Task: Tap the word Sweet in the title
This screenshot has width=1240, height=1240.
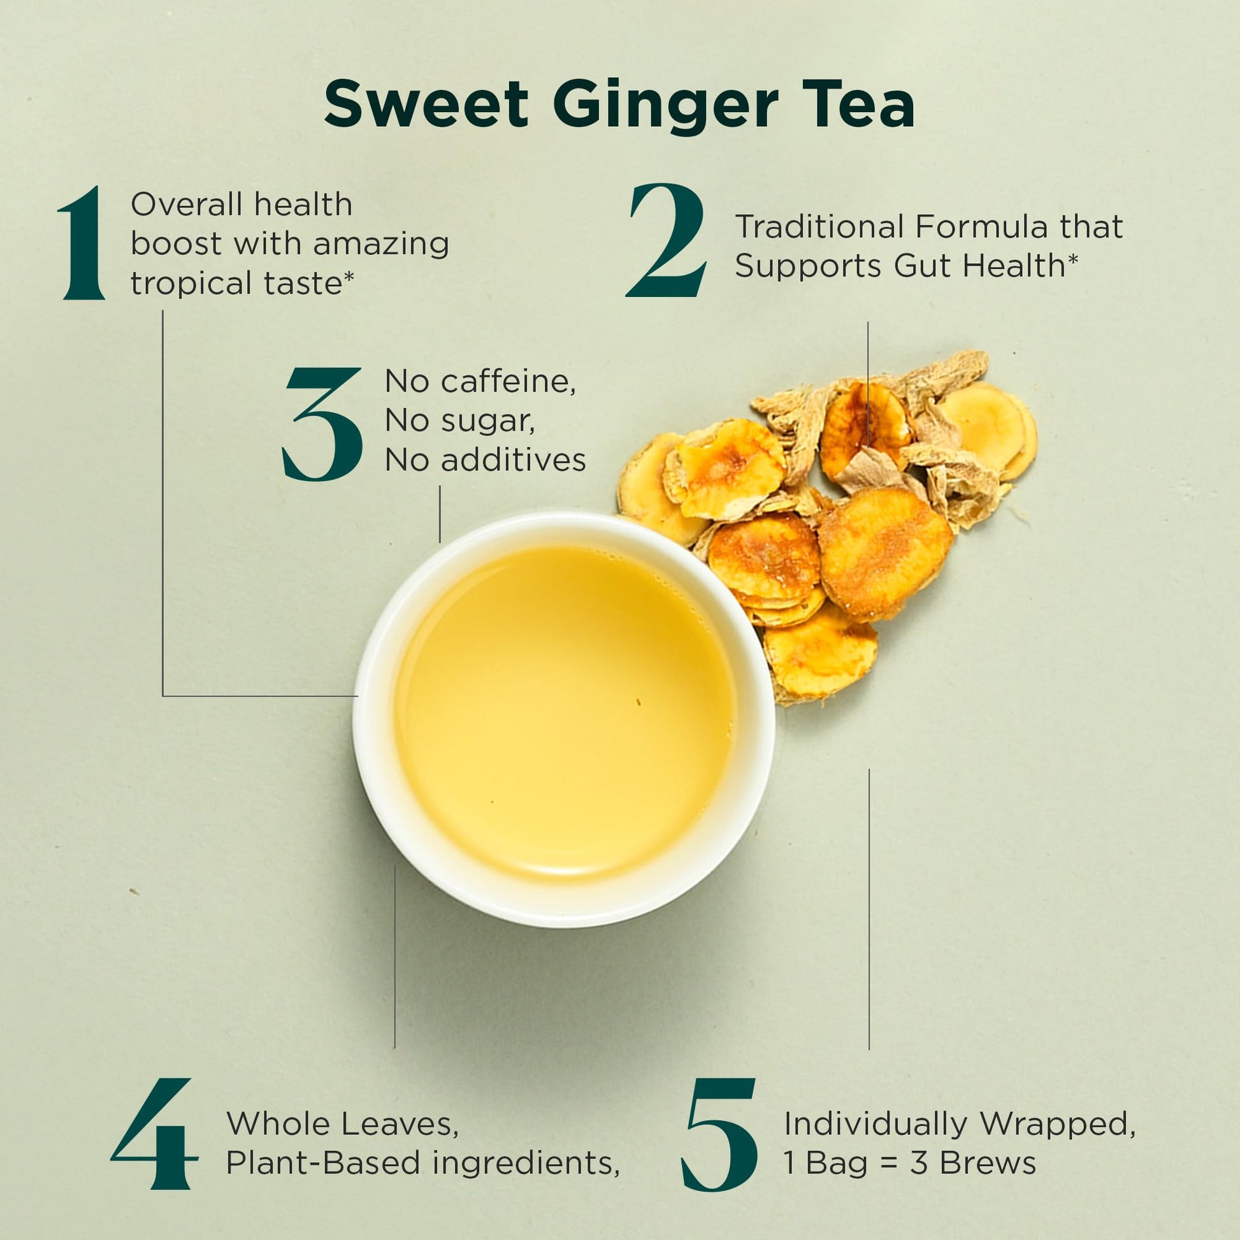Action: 426,104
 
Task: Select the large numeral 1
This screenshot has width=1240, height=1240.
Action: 82,243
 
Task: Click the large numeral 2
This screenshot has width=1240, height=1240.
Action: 667,240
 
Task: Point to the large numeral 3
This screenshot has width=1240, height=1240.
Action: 322,425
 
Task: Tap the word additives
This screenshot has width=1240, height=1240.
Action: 513,460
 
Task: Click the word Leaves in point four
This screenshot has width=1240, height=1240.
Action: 400,1124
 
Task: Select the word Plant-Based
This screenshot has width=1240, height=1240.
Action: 324,1163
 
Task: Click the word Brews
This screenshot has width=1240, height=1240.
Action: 988,1163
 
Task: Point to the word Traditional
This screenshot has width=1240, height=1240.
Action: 820,227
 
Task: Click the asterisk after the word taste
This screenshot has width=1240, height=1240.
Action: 348,277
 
